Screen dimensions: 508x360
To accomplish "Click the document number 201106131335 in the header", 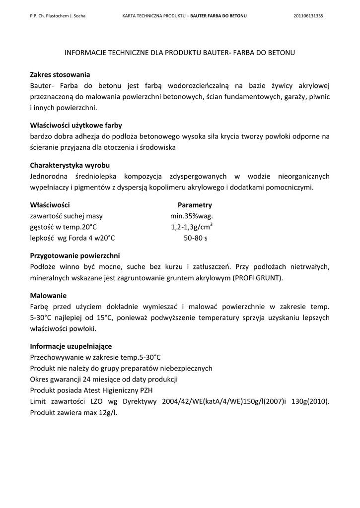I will (x=308, y=16).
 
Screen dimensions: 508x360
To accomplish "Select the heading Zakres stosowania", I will (x=60, y=75).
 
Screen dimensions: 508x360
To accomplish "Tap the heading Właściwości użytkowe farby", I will (x=76, y=126).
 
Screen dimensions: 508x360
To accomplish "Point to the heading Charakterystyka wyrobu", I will (x=70, y=165).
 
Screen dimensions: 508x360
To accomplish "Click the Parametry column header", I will (x=195, y=205).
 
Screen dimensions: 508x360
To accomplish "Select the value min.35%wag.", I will (x=192, y=216).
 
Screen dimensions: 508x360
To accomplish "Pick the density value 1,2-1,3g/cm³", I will (x=192, y=227).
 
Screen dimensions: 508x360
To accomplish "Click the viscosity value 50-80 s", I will (x=196, y=238).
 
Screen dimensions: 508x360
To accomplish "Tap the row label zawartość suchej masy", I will (x=67, y=216).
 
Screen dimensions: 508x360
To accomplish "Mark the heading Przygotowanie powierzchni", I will (x=75, y=256).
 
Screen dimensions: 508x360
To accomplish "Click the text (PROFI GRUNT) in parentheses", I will (x=258, y=278).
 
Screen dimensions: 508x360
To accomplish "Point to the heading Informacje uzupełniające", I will (x=71, y=346).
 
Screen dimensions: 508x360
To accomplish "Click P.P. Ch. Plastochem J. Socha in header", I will (x=58, y=16).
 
